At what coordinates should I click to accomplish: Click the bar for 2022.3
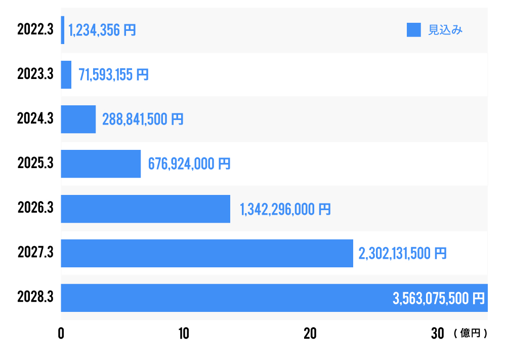[x=63, y=30]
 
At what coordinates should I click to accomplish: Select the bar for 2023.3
[x=66, y=74]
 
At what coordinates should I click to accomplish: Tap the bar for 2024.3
[x=78, y=119]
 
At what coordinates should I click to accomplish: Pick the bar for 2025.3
[x=101, y=164]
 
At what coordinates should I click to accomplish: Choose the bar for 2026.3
[x=146, y=209]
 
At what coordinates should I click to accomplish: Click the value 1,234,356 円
[x=102, y=30]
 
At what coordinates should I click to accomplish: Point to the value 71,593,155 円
[x=113, y=75]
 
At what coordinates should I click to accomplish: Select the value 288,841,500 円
[x=143, y=119]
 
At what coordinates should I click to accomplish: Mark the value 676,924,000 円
[x=189, y=164]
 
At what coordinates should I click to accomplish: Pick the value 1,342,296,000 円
[x=285, y=209]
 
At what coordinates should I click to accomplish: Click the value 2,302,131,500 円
[x=403, y=253]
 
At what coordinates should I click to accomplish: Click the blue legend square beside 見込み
[x=414, y=30]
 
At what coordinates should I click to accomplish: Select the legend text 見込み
[x=445, y=30]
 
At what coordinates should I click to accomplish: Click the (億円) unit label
[x=471, y=334]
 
